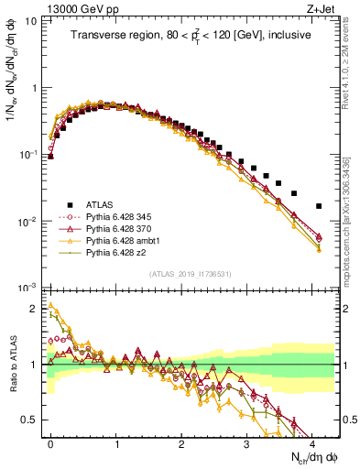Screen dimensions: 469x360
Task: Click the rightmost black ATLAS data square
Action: pos(319,206)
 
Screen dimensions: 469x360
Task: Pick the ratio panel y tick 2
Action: pos(38,309)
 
